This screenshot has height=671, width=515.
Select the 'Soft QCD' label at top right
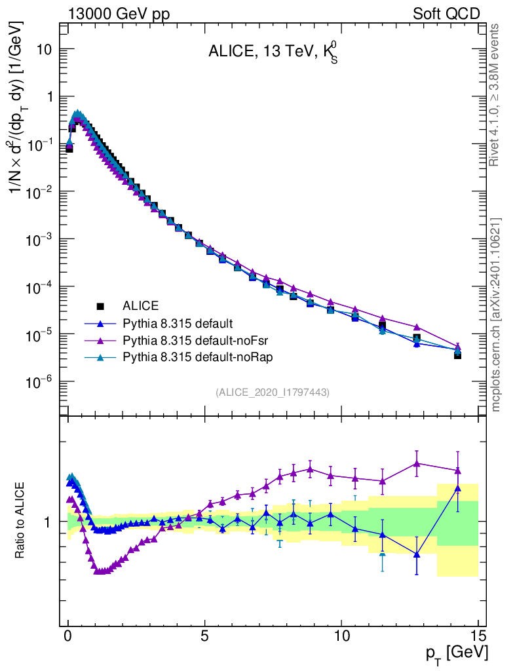[446, 14]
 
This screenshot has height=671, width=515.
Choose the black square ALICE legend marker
[100, 305]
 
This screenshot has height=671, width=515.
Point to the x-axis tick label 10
[341, 635]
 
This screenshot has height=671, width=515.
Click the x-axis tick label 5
[205, 635]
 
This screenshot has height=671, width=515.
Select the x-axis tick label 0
[68, 635]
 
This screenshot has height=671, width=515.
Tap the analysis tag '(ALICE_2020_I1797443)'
[272, 392]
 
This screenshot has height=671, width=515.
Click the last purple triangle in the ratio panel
[457, 470]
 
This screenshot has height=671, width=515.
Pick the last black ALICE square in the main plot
[457, 355]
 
